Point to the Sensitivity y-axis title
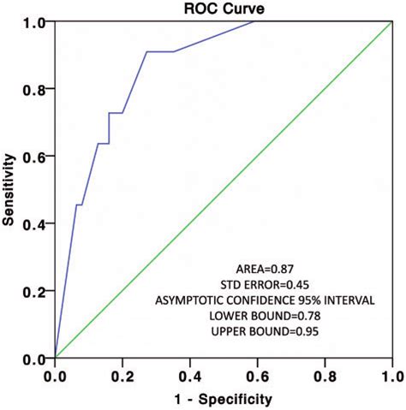12,189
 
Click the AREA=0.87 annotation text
268,265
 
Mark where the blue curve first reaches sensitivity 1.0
254,21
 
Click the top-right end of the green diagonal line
391,21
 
